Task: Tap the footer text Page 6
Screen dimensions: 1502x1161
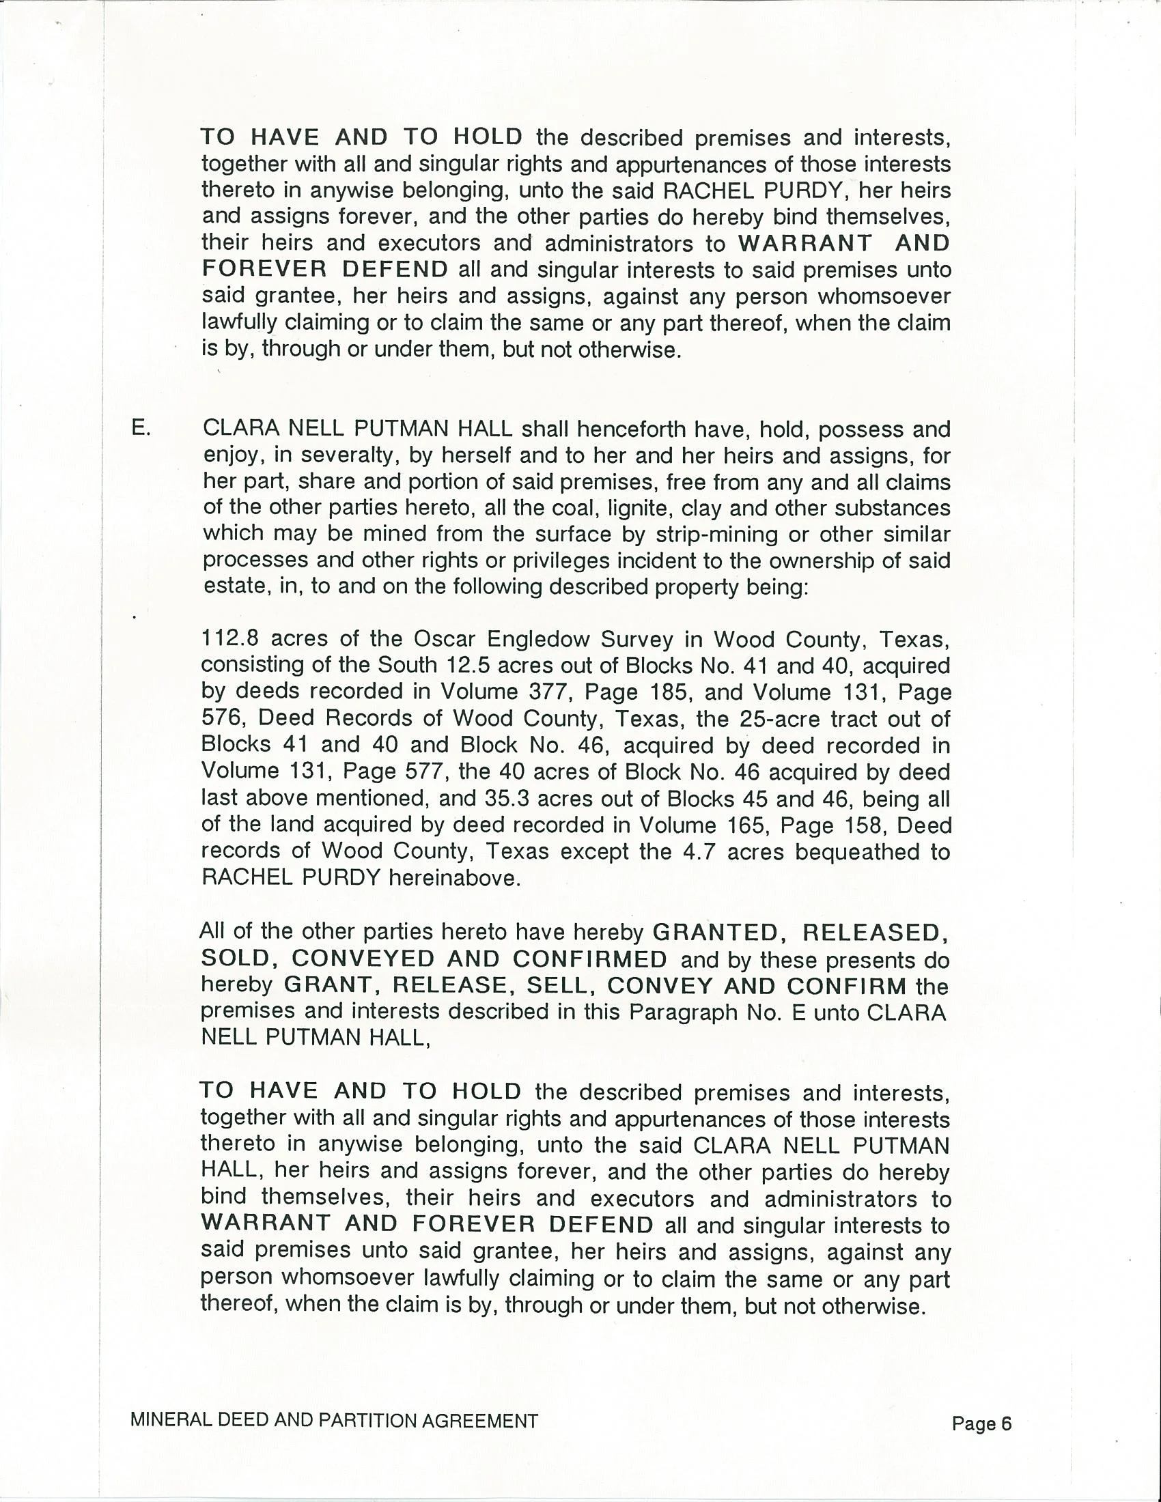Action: [981, 1423]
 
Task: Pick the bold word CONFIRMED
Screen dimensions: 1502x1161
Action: [589, 959]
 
